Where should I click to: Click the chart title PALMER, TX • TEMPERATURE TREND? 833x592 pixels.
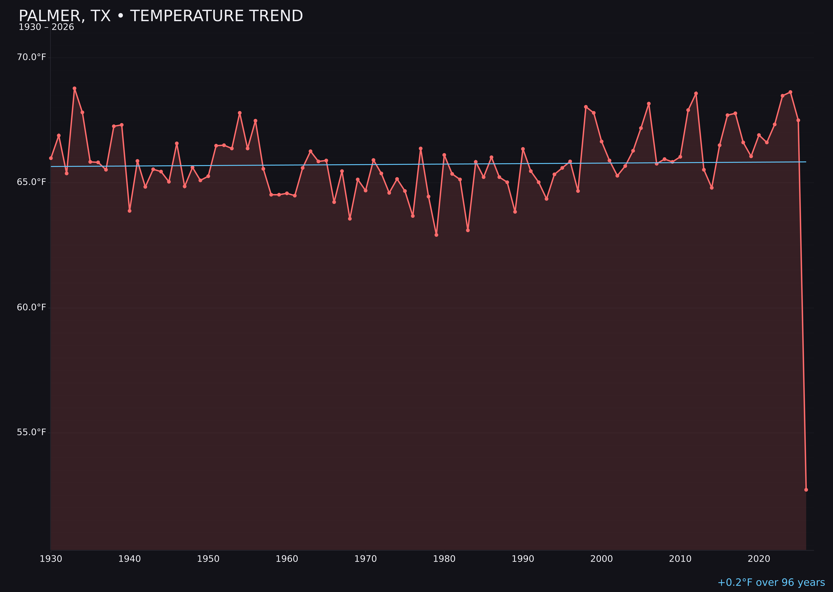pyautogui.click(x=161, y=16)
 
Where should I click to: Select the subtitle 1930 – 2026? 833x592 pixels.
pyautogui.click(x=46, y=27)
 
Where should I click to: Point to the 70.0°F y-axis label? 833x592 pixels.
pyautogui.click(x=31, y=57)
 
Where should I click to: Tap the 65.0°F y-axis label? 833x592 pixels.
pyautogui.click(x=31, y=182)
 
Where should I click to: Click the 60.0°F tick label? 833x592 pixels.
pyautogui.click(x=31, y=307)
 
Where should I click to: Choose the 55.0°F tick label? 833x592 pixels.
pyautogui.click(x=31, y=432)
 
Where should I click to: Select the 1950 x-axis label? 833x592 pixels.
pyautogui.click(x=208, y=559)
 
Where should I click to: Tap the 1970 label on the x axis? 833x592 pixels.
pyautogui.click(x=365, y=559)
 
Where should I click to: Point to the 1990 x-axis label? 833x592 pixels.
pyautogui.click(x=523, y=559)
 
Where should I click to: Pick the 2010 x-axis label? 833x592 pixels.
pyautogui.click(x=680, y=559)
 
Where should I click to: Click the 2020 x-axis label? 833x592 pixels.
pyautogui.click(x=759, y=559)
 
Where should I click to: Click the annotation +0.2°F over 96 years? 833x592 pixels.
pyautogui.click(x=771, y=582)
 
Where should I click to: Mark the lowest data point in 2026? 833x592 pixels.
pyautogui.click(x=806, y=490)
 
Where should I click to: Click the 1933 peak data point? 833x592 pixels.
pyautogui.click(x=74, y=88)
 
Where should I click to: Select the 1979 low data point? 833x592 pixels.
pyautogui.click(x=436, y=235)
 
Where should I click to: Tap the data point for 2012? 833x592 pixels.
pyautogui.click(x=696, y=93)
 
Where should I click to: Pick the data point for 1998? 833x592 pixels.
pyautogui.click(x=586, y=107)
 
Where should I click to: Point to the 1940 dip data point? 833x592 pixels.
pyautogui.click(x=130, y=211)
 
